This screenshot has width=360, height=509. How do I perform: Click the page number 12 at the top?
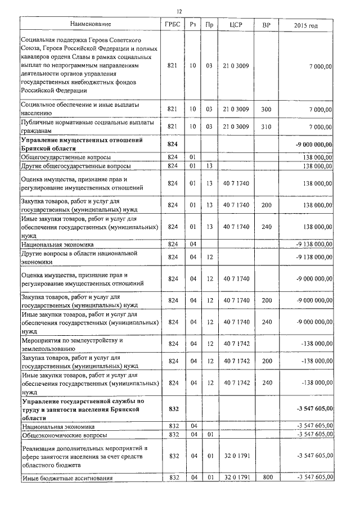click(179, 12)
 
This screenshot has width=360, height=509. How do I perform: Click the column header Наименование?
click(91, 24)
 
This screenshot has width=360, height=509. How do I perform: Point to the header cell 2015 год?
click(306, 25)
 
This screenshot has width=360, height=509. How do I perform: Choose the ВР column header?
click(266, 25)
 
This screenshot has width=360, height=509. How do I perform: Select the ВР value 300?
click(266, 109)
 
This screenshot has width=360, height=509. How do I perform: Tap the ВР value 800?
click(266, 478)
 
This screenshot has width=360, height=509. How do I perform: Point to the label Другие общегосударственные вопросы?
click(76, 166)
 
